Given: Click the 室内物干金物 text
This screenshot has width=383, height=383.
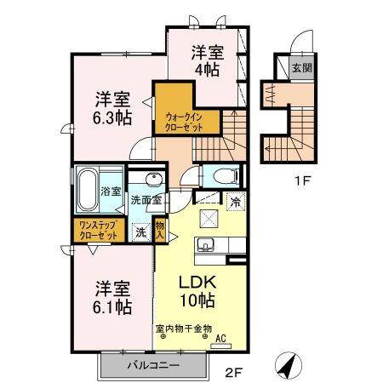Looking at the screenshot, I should click(183, 328).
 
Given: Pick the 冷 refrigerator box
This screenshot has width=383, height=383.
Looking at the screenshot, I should click(234, 202).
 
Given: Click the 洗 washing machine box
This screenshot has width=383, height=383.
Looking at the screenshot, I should click(140, 230).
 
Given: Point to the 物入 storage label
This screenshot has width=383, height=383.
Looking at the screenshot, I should click(159, 231).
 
